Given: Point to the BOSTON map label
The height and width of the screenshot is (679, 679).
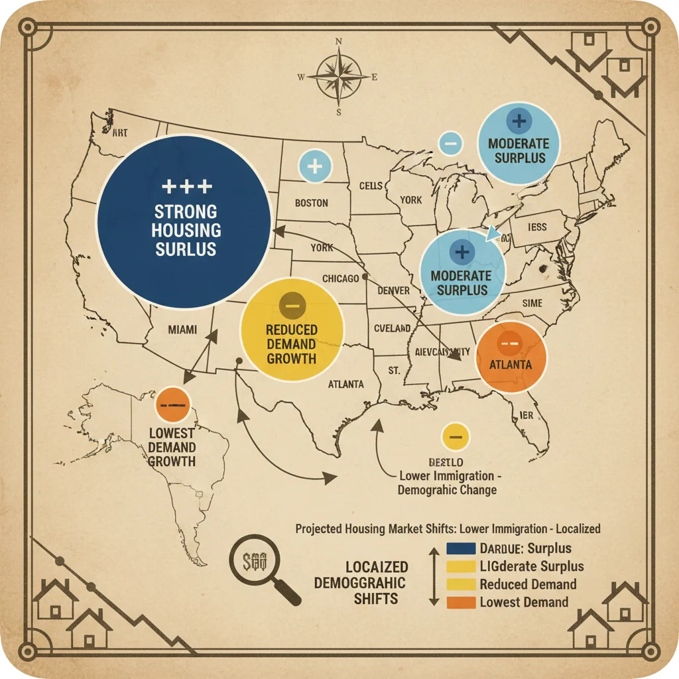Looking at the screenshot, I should (x=312, y=203).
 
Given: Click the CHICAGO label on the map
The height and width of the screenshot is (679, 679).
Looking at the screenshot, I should (x=340, y=278).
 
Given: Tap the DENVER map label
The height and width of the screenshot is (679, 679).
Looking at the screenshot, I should (x=393, y=290).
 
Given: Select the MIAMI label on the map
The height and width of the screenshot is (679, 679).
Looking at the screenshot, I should (x=182, y=330).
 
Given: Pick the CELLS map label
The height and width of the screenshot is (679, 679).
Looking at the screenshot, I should (x=371, y=186).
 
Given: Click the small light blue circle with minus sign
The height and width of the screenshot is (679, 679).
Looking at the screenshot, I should (x=450, y=142).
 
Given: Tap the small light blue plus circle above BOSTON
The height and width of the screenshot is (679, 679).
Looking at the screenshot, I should (x=316, y=166).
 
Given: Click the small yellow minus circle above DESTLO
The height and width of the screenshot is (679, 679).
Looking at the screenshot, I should (x=455, y=436).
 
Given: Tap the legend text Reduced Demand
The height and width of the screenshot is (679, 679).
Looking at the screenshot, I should (x=528, y=584).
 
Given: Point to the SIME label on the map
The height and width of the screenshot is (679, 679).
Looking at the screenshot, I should (x=532, y=303).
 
